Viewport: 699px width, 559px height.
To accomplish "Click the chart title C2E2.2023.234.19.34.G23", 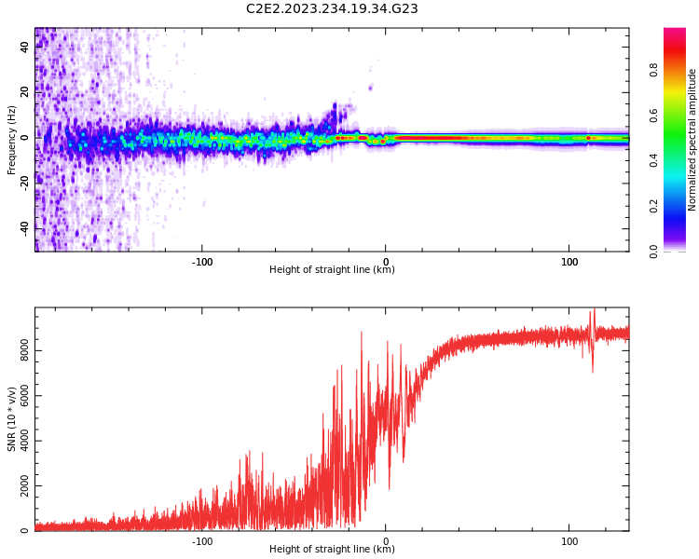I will pyautogui.click(x=332, y=8).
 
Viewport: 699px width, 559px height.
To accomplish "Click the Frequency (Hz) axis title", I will pyautogui.click(x=12, y=140).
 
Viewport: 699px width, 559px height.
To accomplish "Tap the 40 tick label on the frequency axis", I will pyautogui.click(x=24, y=46).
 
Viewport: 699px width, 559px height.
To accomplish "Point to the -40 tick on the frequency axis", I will pyautogui.click(x=24, y=227).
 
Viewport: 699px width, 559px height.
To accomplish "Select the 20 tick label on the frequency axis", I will pyautogui.click(x=24, y=91).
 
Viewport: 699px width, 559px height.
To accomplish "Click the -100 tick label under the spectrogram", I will pyautogui.click(x=201, y=262).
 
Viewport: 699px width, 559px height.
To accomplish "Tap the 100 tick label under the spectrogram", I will pyautogui.click(x=569, y=262).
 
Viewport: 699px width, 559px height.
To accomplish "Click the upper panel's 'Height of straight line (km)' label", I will pyautogui.click(x=332, y=270).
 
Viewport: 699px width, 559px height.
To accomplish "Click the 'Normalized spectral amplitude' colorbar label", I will pyautogui.click(x=692, y=140).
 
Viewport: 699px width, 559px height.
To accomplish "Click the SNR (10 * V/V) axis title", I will pyautogui.click(x=12, y=419).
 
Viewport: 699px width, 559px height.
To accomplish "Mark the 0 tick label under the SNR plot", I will pyautogui.click(x=386, y=540).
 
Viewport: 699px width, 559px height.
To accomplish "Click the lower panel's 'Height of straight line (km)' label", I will pyautogui.click(x=332, y=550).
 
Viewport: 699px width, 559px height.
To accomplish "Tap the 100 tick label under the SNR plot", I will pyautogui.click(x=569, y=540).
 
